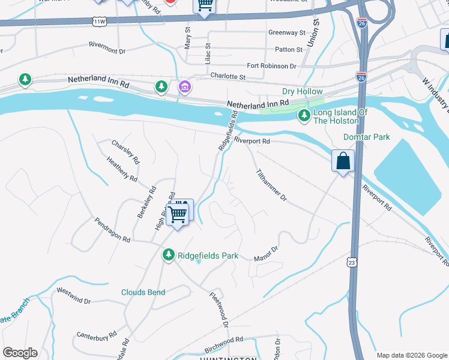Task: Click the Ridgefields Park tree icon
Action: click(x=169, y=256)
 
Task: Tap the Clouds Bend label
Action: click(x=143, y=292)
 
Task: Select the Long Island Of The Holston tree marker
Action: click(x=304, y=116)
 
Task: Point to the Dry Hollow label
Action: click(x=303, y=92)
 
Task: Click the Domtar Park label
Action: click(x=366, y=137)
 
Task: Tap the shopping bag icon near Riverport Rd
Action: click(x=343, y=162)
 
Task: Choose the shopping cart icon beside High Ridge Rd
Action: click(x=178, y=213)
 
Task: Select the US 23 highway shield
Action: click(x=352, y=262)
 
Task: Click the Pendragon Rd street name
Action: click(x=112, y=230)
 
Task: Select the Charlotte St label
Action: click(x=228, y=77)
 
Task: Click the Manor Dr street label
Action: click(x=267, y=253)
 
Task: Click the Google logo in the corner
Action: click(x=20, y=353)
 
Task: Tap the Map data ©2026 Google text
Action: click(x=412, y=355)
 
